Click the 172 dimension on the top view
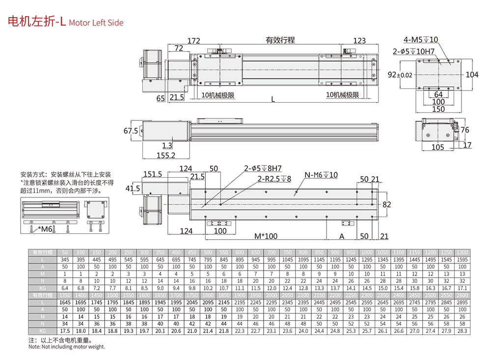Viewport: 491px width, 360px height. (x=194, y=40)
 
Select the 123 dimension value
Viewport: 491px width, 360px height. (x=360, y=40)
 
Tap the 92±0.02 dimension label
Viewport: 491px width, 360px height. (x=400, y=75)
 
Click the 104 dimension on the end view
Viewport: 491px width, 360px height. (x=472, y=75)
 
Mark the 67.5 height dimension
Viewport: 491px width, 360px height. (x=130, y=132)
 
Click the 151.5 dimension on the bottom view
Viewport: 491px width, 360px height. (x=153, y=174)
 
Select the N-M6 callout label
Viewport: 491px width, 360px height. (x=321, y=175)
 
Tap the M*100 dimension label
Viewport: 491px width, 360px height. (x=266, y=236)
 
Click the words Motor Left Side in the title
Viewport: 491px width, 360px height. (x=96, y=23)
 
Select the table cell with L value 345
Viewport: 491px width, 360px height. (x=65, y=259)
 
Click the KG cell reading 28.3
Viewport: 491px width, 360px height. (x=462, y=331)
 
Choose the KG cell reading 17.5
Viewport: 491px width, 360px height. (x=65, y=331)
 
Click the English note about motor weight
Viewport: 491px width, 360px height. (x=66, y=347)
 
